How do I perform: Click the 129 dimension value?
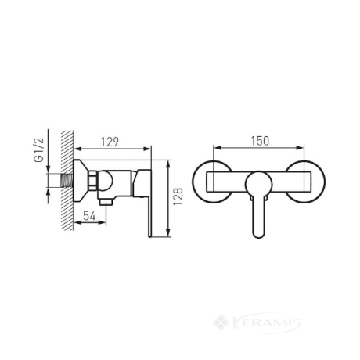tap(110, 142)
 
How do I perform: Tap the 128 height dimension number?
tap(178, 196)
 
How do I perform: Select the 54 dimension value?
tap(89, 216)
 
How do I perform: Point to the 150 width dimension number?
tap(260, 141)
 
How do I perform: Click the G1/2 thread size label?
tap(39, 150)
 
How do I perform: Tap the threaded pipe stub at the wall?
tap(67, 180)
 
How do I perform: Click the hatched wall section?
tap(67, 180)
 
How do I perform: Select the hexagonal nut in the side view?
tap(93, 181)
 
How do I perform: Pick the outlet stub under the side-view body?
tap(106, 202)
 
